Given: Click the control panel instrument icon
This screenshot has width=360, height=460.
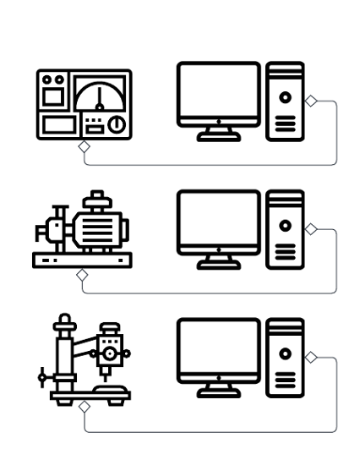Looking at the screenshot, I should click(x=84, y=104).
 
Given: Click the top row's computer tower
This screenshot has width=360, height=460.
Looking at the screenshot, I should click(x=285, y=101).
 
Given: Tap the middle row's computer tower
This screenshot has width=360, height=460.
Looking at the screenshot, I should click(x=285, y=229).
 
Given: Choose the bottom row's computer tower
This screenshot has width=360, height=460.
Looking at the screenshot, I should click(x=285, y=358).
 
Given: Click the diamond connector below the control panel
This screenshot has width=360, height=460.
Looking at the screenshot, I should click(x=84, y=146).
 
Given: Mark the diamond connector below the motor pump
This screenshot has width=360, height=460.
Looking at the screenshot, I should click(x=82, y=274).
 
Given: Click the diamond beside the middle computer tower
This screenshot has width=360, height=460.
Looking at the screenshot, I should click(x=310, y=228).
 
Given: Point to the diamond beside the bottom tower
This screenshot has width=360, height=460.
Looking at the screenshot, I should click(x=310, y=358).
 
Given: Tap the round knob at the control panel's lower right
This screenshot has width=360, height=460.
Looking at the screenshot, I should click(x=117, y=124).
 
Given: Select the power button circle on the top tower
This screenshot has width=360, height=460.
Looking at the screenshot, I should click(x=285, y=96).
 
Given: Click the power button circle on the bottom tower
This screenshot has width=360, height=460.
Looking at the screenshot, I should click(x=285, y=353).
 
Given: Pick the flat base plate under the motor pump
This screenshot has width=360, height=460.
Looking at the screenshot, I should click(x=82, y=260).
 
